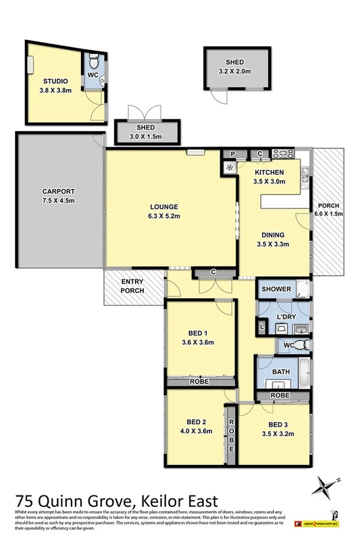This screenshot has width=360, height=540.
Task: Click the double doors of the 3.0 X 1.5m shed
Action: [146, 113]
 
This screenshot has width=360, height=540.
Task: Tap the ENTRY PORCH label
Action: [133, 286]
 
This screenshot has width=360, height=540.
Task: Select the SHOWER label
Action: [277, 289]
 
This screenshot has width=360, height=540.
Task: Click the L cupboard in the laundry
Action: [263, 327]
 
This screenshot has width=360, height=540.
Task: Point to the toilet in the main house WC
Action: [304, 345]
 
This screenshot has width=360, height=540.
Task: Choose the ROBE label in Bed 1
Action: [199, 382]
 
